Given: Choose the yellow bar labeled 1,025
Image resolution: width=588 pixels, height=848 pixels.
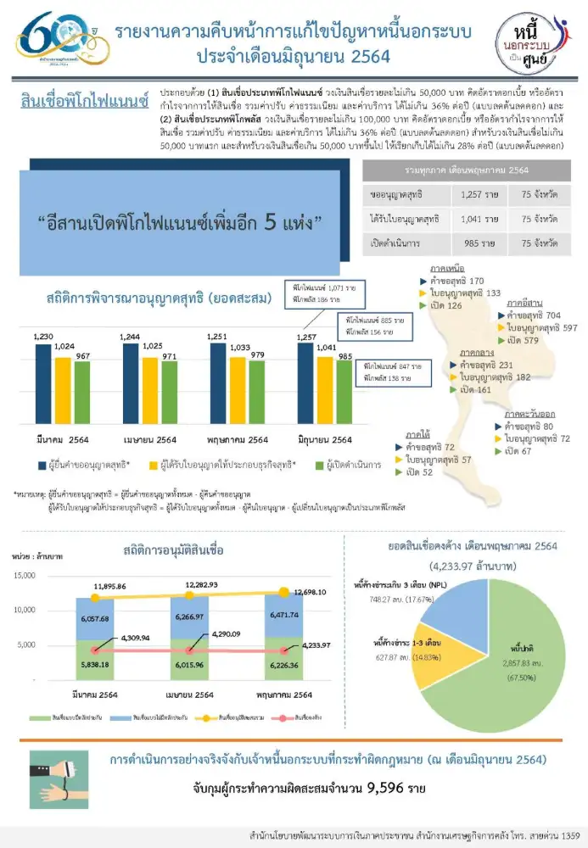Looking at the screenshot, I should click(150, 390).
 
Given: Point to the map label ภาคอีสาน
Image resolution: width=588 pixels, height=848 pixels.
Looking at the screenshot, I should click(524, 302).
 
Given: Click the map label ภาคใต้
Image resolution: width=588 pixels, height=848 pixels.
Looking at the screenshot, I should click(417, 434).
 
